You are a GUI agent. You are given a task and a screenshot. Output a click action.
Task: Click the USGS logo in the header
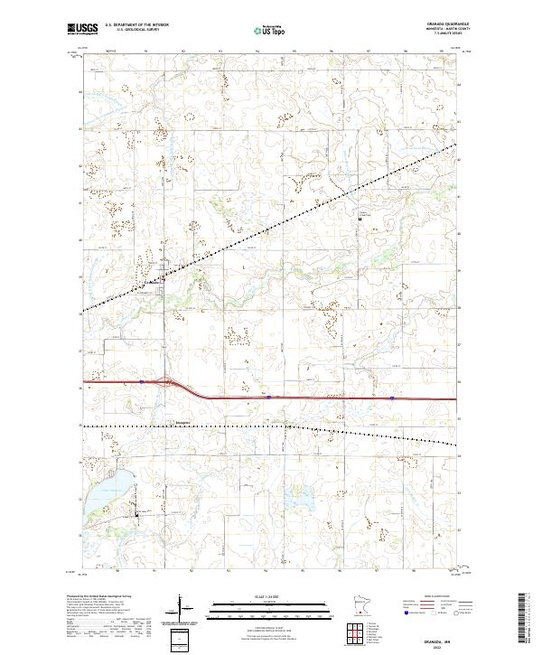click(x=82, y=29)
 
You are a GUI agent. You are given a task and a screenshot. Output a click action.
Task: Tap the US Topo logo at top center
click(x=270, y=31)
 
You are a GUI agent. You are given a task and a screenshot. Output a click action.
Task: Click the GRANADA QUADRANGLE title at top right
click(x=431, y=24)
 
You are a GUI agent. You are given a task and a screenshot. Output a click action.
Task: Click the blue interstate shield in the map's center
click(x=268, y=396)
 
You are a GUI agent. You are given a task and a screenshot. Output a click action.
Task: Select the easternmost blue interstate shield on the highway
click(x=393, y=398)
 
